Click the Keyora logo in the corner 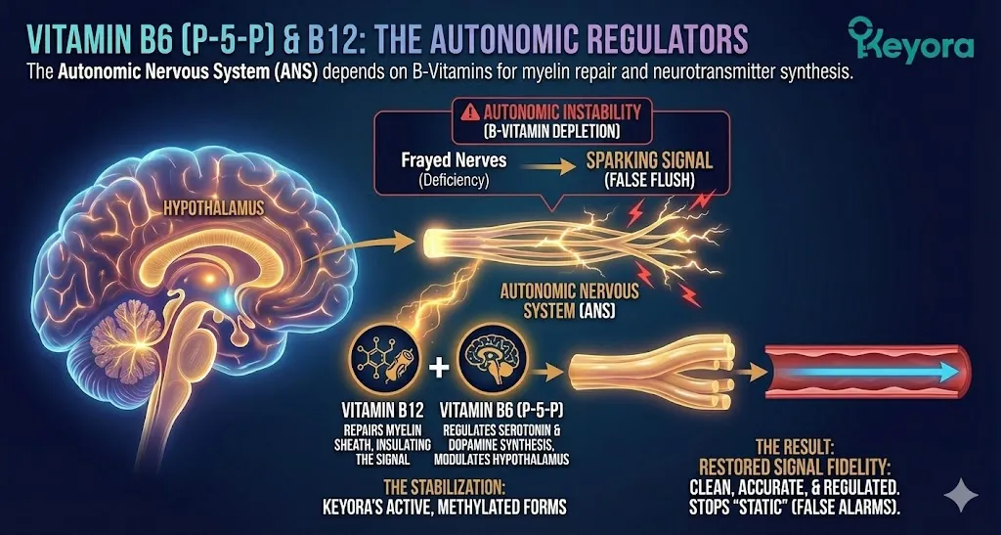(x=911, y=41)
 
